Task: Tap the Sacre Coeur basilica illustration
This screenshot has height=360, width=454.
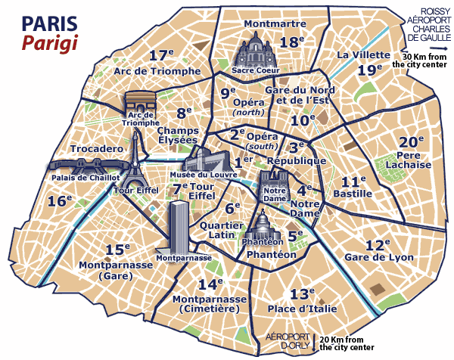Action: [x=256, y=54]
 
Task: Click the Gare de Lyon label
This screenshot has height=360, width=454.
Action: [x=389, y=258]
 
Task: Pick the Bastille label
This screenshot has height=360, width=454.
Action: [x=352, y=194]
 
